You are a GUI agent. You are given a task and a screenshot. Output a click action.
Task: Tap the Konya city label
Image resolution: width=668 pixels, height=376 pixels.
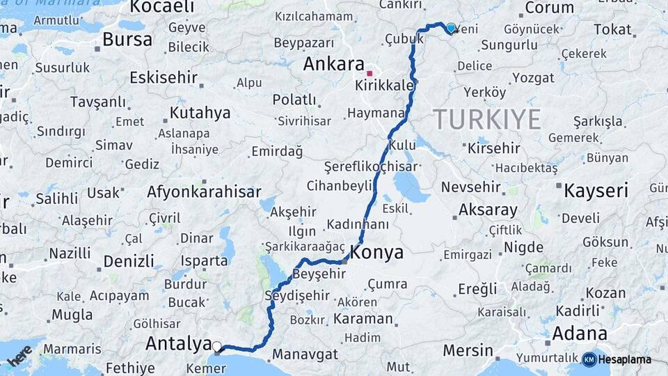click(x=377, y=253)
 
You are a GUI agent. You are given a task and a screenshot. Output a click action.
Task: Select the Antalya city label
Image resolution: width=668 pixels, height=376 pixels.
click(x=178, y=343)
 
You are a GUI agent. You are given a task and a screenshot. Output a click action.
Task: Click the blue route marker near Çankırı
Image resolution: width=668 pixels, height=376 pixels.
click(x=451, y=29)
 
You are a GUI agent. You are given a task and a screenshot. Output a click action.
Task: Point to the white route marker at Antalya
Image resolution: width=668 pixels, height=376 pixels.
click(x=217, y=346)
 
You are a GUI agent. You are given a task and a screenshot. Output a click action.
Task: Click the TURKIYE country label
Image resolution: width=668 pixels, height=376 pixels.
click(x=487, y=120)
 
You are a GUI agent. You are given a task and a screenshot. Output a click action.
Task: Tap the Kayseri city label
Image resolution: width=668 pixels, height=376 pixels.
click(x=596, y=190)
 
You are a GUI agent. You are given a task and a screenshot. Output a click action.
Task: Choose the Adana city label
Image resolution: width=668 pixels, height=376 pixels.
click(x=580, y=334)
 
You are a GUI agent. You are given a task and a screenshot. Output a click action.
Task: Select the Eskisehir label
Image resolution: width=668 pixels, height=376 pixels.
click(x=163, y=77)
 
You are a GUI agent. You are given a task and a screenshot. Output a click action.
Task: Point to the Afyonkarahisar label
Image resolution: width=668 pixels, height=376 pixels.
click(x=204, y=191)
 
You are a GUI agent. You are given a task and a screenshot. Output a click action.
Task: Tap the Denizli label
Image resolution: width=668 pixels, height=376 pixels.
click(x=129, y=262)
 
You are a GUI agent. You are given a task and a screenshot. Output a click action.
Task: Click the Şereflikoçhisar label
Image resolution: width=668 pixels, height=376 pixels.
click(x=371, y=167)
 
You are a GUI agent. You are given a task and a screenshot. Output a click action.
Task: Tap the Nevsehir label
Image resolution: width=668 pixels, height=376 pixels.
click(x=471, y=187)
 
